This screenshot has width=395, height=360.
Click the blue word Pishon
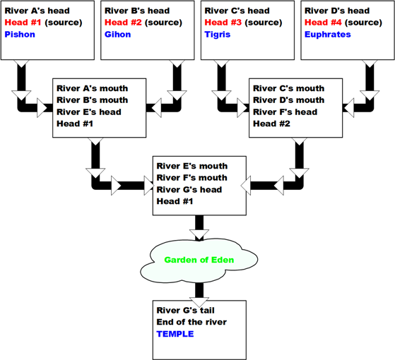(20, 34)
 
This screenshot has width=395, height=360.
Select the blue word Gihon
(117, 34)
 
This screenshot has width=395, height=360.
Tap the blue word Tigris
(218, 35)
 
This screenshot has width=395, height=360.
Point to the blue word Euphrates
(327, 35)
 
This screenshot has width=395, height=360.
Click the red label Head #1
(23, 23)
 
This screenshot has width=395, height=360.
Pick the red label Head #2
(123, 23)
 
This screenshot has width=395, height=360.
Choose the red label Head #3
(223, 23)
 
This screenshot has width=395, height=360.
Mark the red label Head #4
(323, 23)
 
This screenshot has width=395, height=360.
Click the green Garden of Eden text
(199, 260)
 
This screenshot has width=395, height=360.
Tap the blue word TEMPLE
(175, 334)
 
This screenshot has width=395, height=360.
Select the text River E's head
(88, 112)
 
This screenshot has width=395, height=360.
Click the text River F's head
(285, 112)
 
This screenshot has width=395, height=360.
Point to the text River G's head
(189, 189)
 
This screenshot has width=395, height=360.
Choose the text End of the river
(191, 322)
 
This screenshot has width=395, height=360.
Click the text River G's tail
(185, 310)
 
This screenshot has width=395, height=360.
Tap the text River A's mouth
(92, 88)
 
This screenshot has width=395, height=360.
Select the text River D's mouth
(288, 100)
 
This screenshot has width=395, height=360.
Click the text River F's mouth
(191, 178)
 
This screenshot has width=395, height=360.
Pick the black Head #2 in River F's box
(271, 124)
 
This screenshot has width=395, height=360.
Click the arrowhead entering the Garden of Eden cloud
(199, 234)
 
